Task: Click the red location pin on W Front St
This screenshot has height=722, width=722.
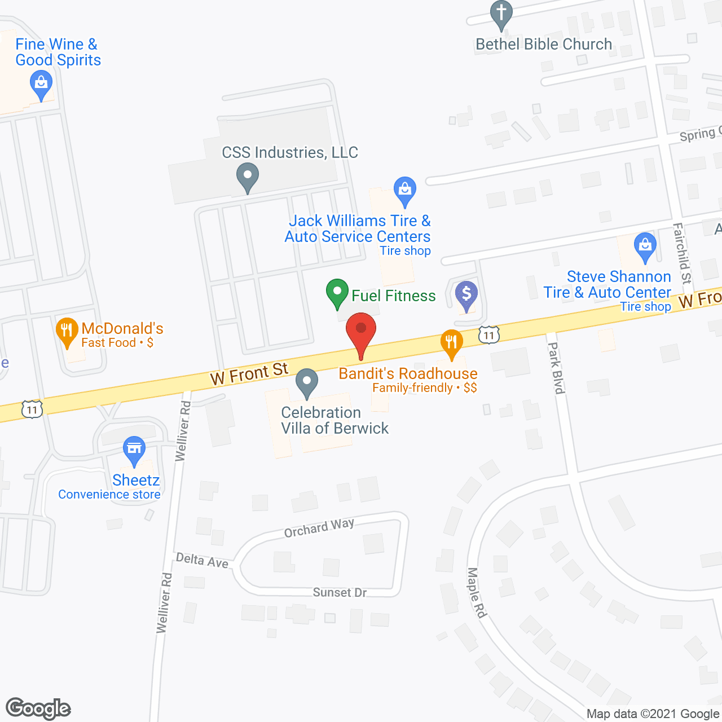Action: [361, 333]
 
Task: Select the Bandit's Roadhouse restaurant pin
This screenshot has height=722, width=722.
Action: [451, 342]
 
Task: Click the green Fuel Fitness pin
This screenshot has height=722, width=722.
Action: [337, 293]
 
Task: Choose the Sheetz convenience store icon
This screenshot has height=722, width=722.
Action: [134, 450]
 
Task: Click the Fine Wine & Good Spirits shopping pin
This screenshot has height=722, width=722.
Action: [41, 86]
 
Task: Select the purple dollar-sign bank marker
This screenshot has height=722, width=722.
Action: [466, 295]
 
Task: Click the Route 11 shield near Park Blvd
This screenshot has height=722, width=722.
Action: [488, 335]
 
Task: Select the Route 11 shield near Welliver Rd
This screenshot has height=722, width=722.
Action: [32, 410]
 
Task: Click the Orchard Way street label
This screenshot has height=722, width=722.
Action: [319, 528]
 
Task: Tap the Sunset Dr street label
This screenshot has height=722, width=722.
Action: [340, 592]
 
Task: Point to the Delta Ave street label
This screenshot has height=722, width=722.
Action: [202, 561]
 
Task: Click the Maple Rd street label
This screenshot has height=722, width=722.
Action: [477, 592]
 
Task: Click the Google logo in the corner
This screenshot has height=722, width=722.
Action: [38, 708]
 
